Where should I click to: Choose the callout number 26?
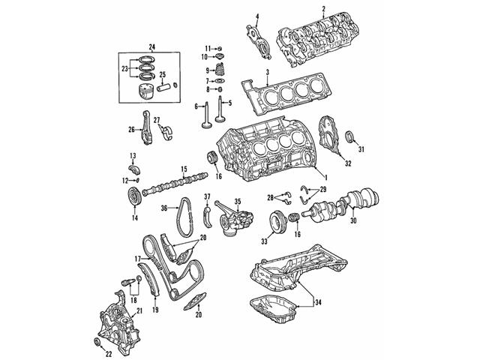pos(132,128)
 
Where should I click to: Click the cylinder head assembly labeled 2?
pos(314,37)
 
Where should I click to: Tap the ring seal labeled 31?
pos(351,136)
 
